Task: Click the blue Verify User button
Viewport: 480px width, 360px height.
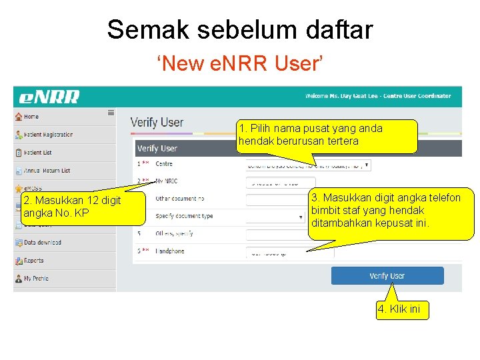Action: [387, 275]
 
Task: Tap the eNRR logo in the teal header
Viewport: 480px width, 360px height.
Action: [49, 97]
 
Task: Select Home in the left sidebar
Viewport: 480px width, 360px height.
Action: [31, 117]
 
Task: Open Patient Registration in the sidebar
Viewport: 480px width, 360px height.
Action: [47, 135]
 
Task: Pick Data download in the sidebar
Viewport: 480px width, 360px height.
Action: [42, 243]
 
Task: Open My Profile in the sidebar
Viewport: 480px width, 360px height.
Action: [36, 279]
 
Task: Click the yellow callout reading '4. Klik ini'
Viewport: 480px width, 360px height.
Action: [402, 310]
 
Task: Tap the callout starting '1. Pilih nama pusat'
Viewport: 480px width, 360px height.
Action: [327, 135]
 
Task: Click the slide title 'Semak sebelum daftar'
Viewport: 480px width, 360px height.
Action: [240, 29]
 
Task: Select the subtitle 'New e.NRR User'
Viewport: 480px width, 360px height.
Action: [240, 64]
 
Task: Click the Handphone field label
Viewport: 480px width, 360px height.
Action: [170, 251]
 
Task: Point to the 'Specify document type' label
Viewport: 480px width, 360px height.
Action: [184, 216]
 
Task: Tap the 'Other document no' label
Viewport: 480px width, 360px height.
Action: [180, 199]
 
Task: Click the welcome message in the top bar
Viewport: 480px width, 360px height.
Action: [377, 96]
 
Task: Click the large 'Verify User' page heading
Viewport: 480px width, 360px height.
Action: [157, 123]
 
